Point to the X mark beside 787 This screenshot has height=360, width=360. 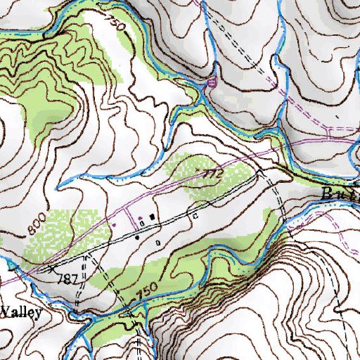pyautogui.click(x=51, y=269)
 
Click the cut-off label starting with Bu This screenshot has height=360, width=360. pyautogui.click(x=340, y=193)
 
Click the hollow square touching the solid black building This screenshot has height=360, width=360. pyautogui.click(x=143, y=223)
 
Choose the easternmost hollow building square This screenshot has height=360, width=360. pyautogui.click(x=195, y=217)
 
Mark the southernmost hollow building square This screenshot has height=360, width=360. pyautogui.click(x=157, y=242)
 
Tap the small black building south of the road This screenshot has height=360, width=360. pyautogui.click(x=138, y=238)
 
